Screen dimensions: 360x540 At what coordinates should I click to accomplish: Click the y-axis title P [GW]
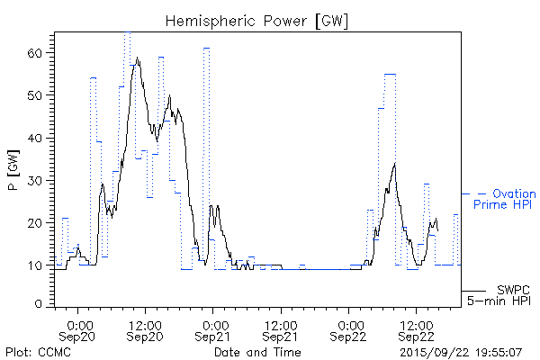point(13,168)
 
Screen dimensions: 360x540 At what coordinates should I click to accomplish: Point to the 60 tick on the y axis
point(37,53)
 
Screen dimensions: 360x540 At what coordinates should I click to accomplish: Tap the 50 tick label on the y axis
point(37,95)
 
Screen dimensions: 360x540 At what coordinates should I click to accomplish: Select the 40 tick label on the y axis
point(37,138)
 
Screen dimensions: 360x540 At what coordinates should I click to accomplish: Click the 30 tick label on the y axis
point(37,180)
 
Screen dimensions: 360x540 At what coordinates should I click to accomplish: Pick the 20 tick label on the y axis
point(37,222)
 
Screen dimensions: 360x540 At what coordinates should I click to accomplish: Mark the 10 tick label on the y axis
point(37,265)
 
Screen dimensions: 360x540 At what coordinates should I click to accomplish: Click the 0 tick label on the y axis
point(40,305)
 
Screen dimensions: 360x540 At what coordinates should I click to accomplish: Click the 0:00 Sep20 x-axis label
point(79,329)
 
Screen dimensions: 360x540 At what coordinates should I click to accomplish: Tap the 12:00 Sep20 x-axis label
point(146,329)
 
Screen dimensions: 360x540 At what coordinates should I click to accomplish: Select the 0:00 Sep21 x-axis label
point(214,329)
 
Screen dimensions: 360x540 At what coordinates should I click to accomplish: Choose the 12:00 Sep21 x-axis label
point(281,329)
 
